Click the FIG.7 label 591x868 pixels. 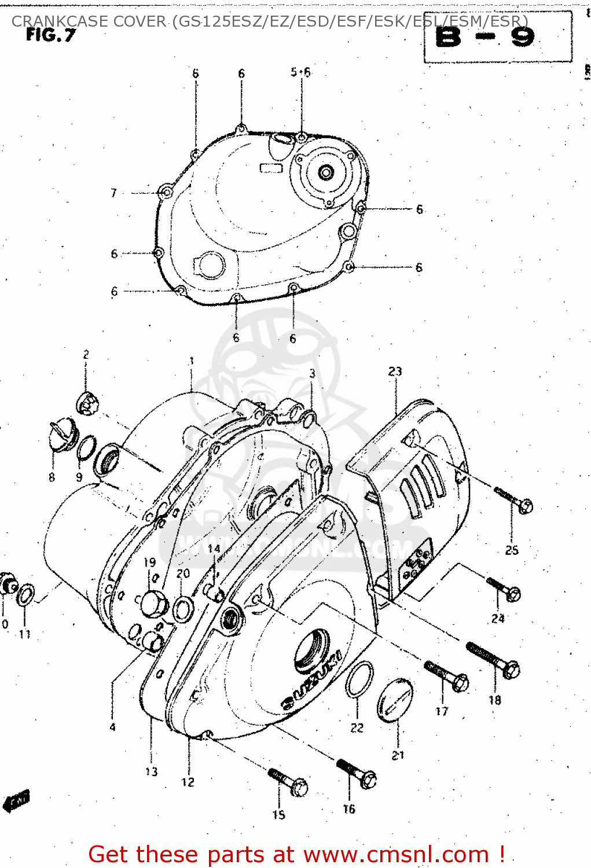click(x=51, y=35)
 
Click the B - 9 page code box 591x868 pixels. click(x=498, y=37)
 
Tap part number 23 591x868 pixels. click(x=395, y=372)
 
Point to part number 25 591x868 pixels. click(x=512, y=550)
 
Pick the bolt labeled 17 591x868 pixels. click(x=447, y=676)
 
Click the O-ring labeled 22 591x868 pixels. click(x=359, y=680)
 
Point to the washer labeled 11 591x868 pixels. click(x=25, y=595)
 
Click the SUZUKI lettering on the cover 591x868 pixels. click(x=311, y=680)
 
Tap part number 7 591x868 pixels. click(x=114, y=193)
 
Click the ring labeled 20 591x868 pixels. click(x=183, y=609)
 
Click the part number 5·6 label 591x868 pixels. click(x=300, y=72)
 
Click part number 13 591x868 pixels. click(x=151, y=771)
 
